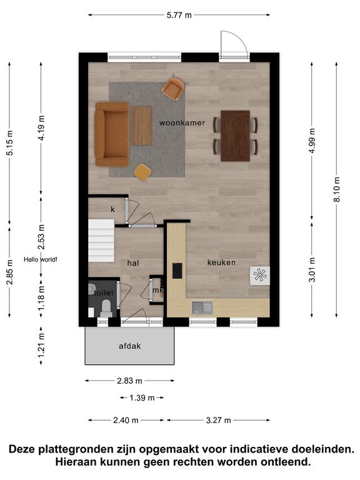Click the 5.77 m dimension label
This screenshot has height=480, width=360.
(x=179, y=15)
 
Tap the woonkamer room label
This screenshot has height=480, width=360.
(x=182, y=122)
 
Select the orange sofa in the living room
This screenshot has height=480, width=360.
(x=112, y=134)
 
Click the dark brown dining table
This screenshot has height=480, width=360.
(x=236, y=136)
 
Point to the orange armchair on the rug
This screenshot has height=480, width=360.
(x=173, y=88)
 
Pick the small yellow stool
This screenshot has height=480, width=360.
(x=142, y=172)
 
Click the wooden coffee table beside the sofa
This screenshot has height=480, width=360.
(x=142, y=126)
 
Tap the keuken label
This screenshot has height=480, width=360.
(x=221, y=262)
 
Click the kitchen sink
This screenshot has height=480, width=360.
(x=202, y=308)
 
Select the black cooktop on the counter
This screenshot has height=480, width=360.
(x=177, y=271)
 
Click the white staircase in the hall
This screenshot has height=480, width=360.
(x=101, y=241)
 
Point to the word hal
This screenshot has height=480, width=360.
(x=133, y=263)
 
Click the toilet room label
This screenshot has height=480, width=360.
(x=104, y=293)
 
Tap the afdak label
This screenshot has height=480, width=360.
(x=130, y=346)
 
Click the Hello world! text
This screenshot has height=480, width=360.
(x=41, y=259)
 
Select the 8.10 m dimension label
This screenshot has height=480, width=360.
(x=337, y=189)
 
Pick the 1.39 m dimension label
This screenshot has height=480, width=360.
(x=142, y=398)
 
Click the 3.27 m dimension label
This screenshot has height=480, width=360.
(x=218, y=420)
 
